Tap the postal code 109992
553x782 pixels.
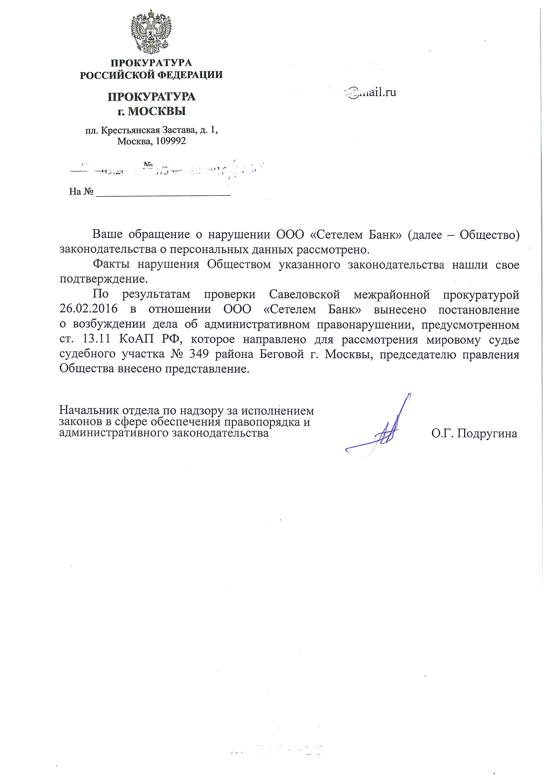(x=171, y=141)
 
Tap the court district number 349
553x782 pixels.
(x=199, y=354)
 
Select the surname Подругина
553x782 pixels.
(x=487, y=433)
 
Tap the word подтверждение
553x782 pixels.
(x=103, y=279)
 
